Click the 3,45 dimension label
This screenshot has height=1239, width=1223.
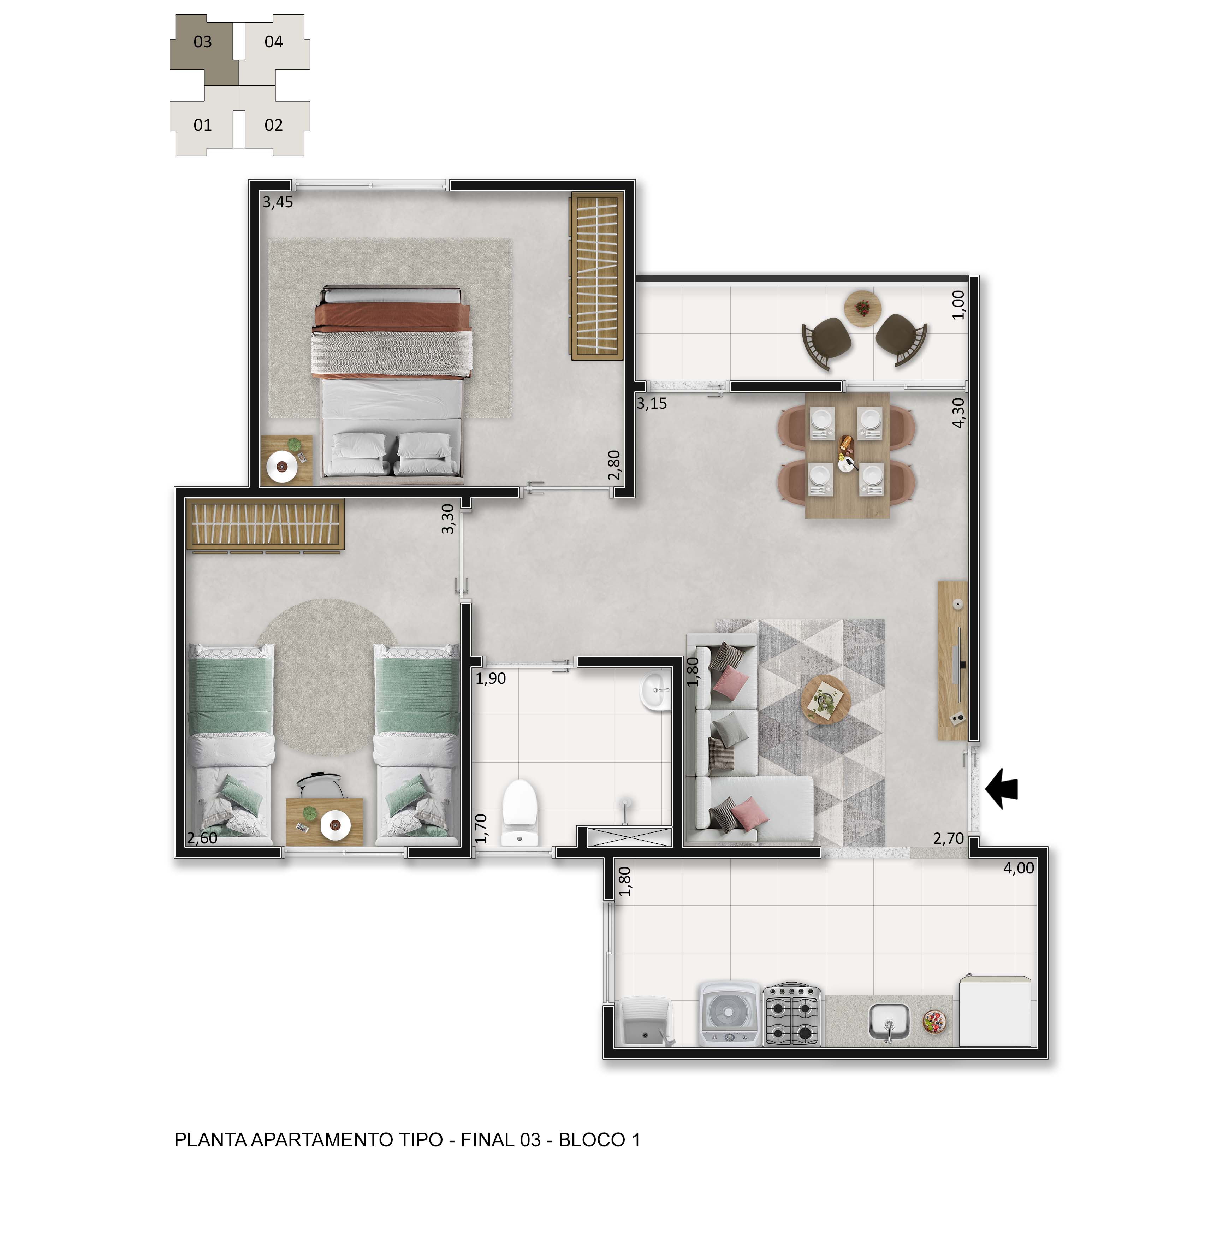pyautogui.click(x=278, y=202)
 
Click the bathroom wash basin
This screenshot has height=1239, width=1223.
pyautogui.click(x=655, y=691)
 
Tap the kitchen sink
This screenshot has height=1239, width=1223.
pyautogui.click(x=889, y=1021)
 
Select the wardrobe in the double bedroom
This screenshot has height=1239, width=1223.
pyautogui.click(x=597, y=276)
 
